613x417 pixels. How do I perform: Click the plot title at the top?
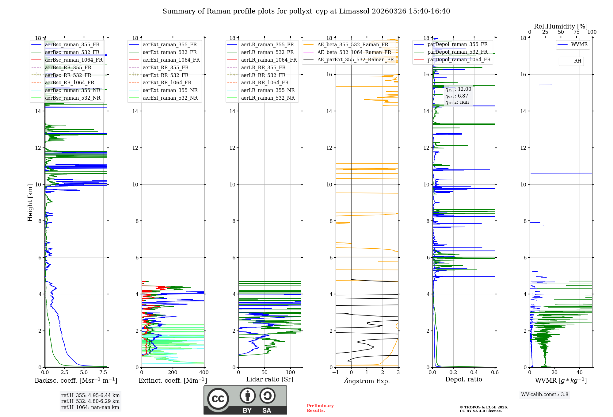click(306, 11)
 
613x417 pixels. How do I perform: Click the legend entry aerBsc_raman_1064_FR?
click(74, 60)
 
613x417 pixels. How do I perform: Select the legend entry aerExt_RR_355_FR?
click(166, 67)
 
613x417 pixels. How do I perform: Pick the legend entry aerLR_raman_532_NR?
click(268, 98)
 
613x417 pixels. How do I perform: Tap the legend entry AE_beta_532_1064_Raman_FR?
click(354, 52)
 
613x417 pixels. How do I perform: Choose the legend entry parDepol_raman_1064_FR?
click(459, 59)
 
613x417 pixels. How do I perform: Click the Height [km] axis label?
click(30, 203)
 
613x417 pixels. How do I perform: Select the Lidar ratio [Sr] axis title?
click(270, 379)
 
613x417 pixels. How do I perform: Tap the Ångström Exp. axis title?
click(367, 381)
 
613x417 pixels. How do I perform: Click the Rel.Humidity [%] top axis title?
click(561, 26)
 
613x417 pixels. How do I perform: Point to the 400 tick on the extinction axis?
click(204, 373)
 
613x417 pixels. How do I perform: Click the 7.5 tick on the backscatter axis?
click(103, 373)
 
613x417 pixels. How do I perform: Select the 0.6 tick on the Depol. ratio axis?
click(495, 373)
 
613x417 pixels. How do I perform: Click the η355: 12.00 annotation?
click(458, 89)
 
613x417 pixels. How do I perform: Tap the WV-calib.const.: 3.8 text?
click(545, 395)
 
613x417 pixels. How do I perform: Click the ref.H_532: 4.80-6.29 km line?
click(90, 401)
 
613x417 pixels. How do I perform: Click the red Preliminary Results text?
click(320, 408)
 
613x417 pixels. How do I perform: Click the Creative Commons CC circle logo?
click(218, 399)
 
